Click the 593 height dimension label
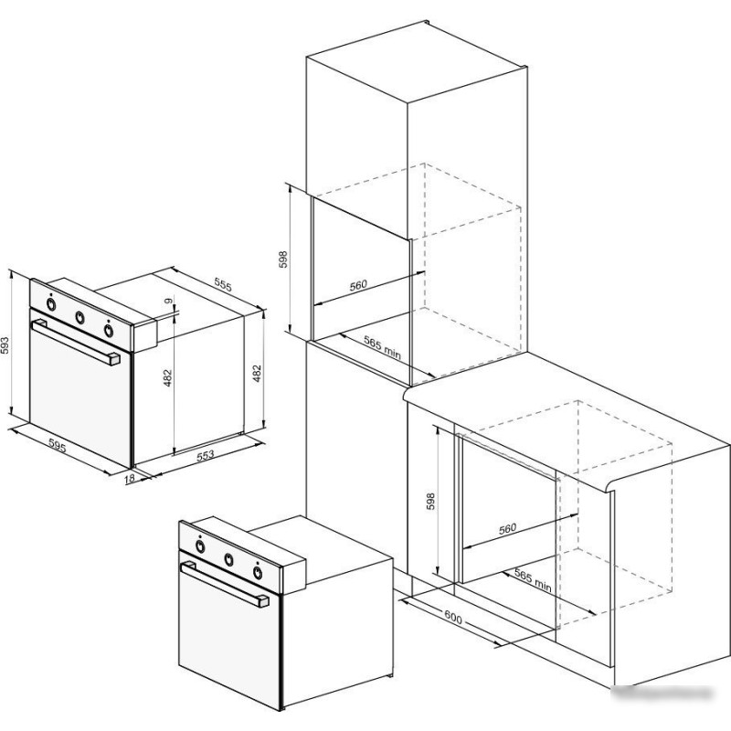(5, 345)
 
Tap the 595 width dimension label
(58, 447)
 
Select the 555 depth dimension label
(223, 284)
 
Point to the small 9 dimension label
(168, 302)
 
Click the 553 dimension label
(205, 455)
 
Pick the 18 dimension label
(130, 478)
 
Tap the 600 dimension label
(453, 619)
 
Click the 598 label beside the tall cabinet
(283, 260)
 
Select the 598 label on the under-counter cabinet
(430, 501)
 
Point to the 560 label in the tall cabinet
(358, 285)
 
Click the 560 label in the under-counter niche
(507, 529)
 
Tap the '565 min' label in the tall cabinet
(382, 348)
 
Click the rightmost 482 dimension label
(257, 374)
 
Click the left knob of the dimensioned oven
(51, 304)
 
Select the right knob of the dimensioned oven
(109, 330)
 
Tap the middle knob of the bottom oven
(229, 559)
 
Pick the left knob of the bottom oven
(200, 546)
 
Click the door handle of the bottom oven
(225, 584)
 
